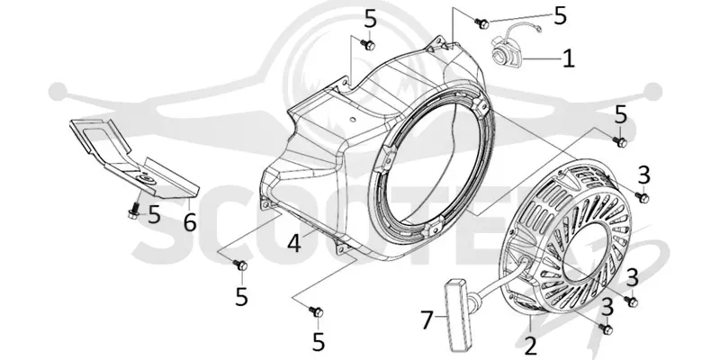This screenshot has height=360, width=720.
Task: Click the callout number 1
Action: (x=569, y=58)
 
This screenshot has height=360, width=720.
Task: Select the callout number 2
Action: (x=530, y=346)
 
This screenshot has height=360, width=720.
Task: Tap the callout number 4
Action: (x=294, y=243)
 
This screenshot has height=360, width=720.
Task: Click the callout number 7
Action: (x=427, y=320)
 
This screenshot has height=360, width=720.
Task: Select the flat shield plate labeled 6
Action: (x=134, y=158)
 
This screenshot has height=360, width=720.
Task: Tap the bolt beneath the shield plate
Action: (x=134, y=210)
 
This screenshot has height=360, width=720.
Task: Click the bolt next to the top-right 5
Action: (x=481, y=22)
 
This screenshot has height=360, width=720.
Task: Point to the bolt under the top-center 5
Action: (x=368, y=44)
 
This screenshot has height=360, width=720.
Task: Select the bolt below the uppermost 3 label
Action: (x=643, y=197)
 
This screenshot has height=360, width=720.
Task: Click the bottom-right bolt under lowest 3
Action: (x=607, y=328)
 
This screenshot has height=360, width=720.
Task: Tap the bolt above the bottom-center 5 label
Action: (x=316, y=312)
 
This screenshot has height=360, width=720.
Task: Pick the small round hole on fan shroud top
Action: (x=352, y=120)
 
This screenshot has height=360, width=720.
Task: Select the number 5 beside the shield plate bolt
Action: (x=154, y=214)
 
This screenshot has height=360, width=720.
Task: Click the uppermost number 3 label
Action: (x=643, y=175)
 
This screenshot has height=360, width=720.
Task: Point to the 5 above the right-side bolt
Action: (x=621, y=115)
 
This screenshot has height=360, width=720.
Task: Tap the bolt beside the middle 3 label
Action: (x=631, y=301)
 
